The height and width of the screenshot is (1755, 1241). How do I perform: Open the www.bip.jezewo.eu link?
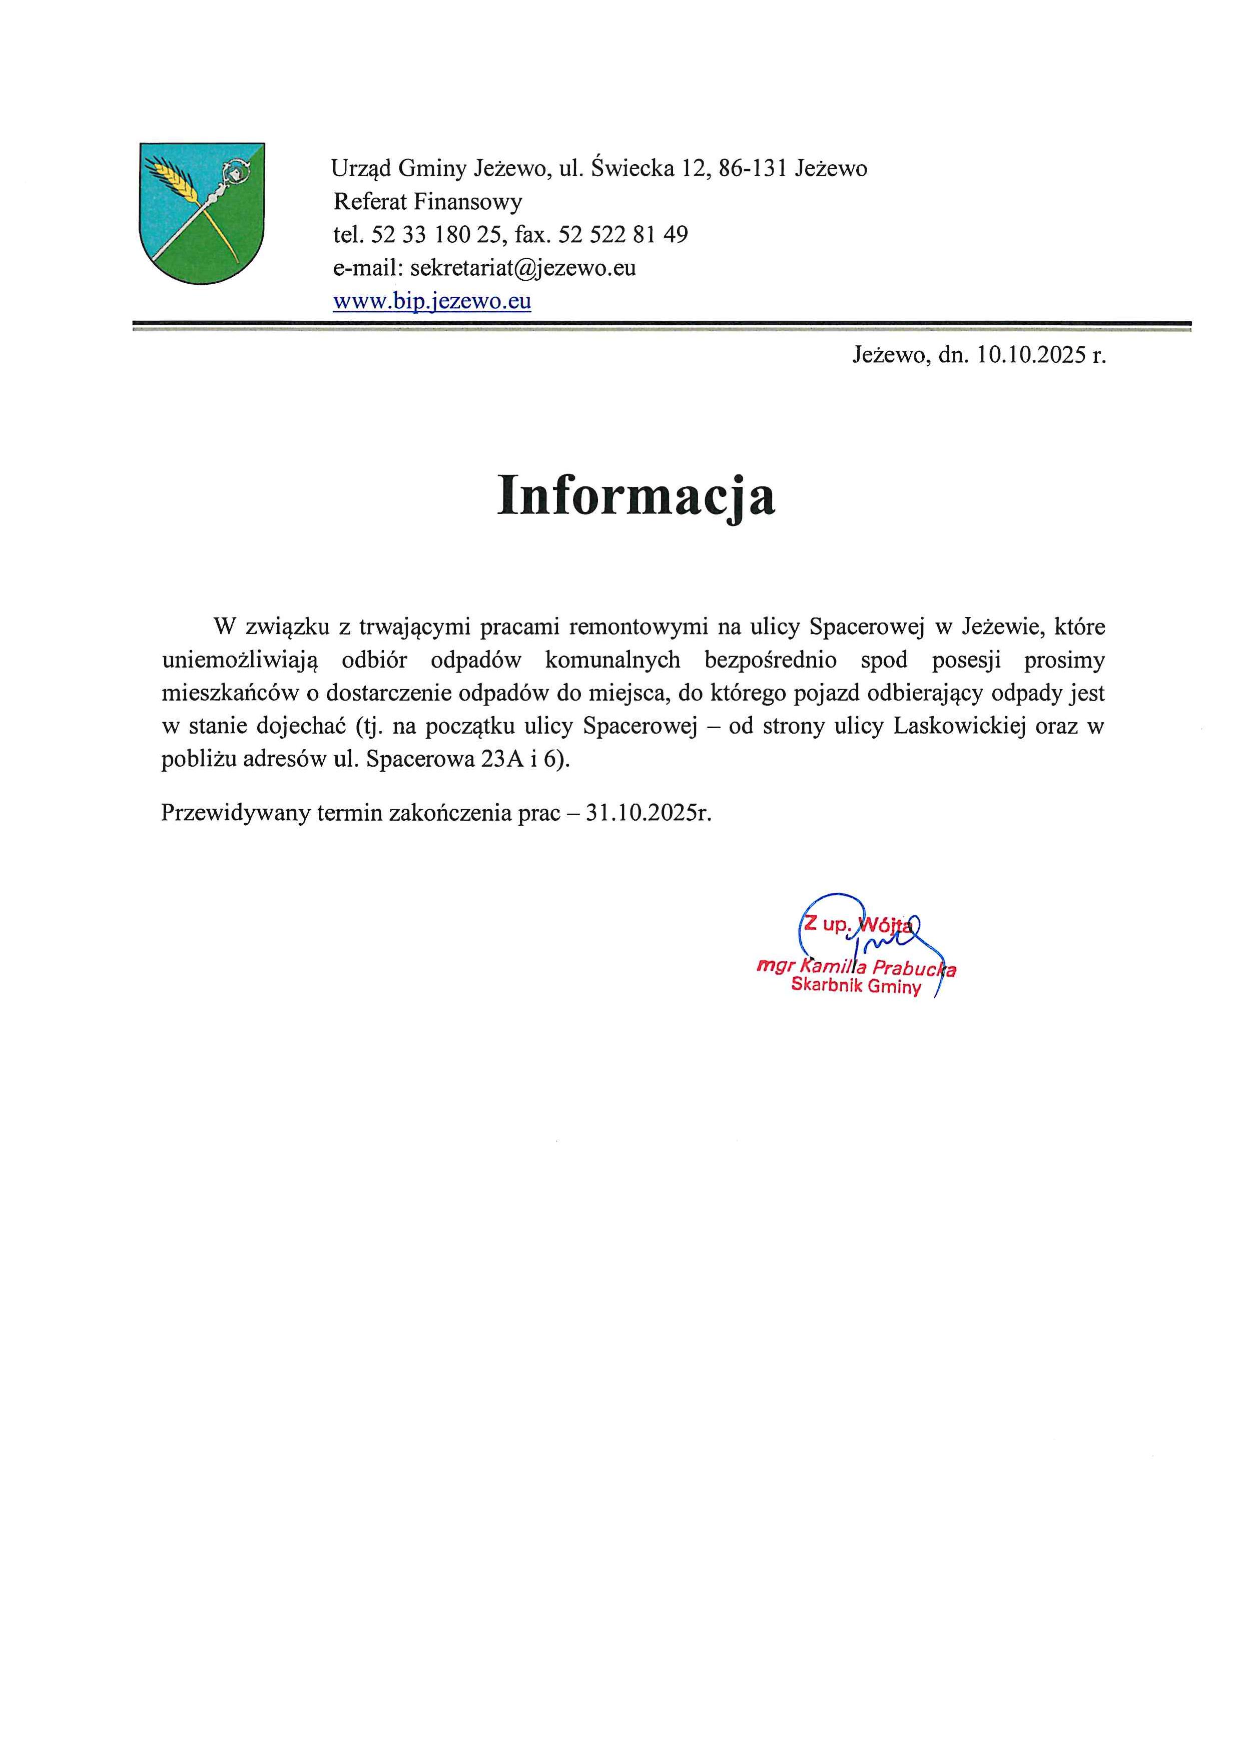tap(432, 301)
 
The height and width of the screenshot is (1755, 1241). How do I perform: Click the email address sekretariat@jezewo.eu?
tap(523, 268)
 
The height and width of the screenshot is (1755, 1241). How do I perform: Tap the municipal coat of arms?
tap(202, 213)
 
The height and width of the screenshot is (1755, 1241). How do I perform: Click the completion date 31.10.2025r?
tap(648, 813)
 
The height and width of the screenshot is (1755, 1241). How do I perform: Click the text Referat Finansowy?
tap(428, 202)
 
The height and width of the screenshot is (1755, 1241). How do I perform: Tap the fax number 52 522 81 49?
tap(623, 235)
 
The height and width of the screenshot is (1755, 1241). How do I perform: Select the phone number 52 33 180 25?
tap(434, 235)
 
